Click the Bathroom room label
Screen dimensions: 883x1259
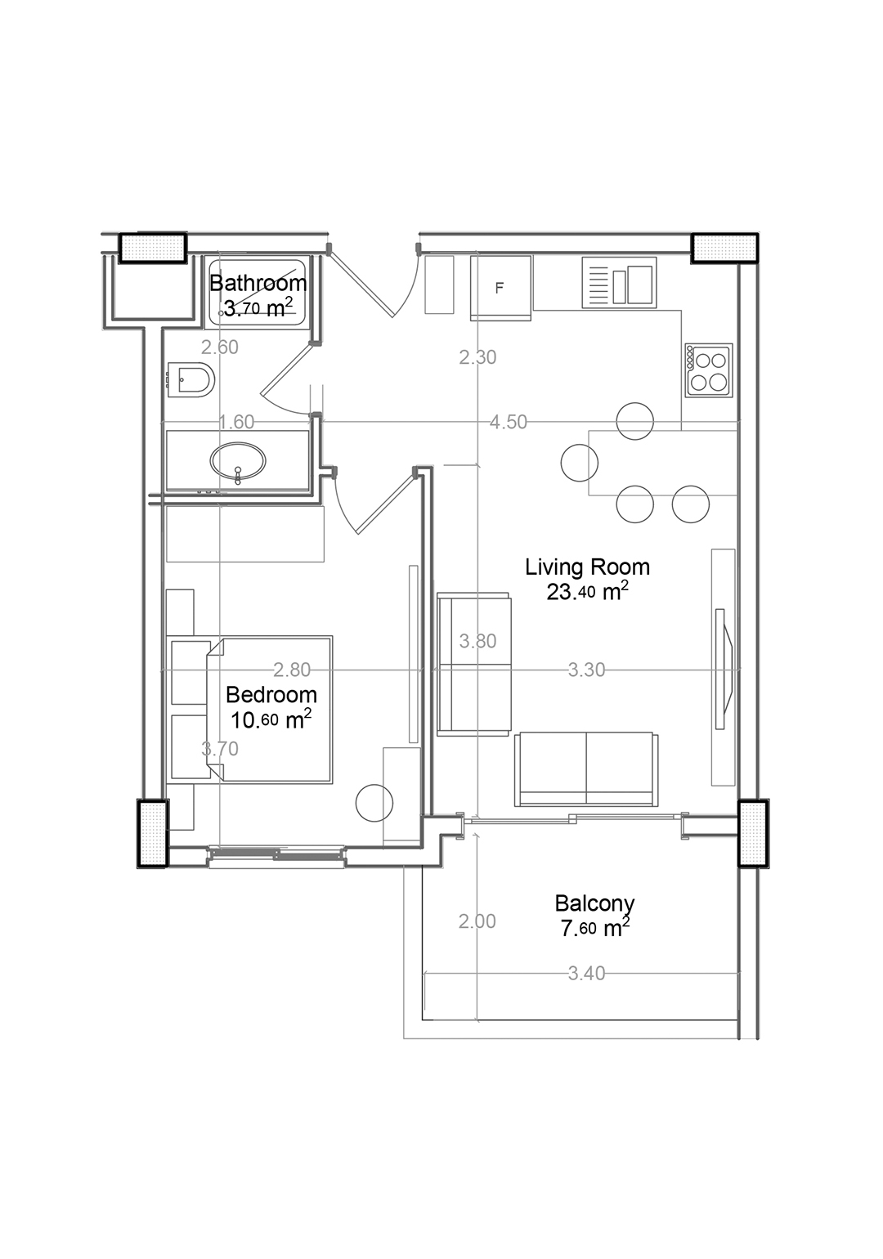pos(258,283)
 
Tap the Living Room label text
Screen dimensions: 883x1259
pos(587,567)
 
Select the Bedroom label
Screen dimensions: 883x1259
pos(271,695)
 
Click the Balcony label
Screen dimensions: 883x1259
pos(594,904)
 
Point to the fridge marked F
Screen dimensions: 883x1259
pos(501,289)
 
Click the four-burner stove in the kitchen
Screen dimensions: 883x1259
pos(709,370)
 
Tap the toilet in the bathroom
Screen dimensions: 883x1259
pos(191,379)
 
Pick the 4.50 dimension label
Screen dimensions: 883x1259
pos(508,422)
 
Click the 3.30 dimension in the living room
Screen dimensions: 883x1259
pos(586,670)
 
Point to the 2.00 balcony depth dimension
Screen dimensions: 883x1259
pos(477,922)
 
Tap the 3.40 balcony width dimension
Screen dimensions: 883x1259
pos(586,974)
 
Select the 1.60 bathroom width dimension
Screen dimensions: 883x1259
pos(236,422)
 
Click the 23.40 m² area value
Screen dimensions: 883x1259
pos(587,593)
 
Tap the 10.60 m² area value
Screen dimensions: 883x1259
pos(271,720)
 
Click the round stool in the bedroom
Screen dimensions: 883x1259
pos(374,803)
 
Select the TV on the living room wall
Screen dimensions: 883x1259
pos(724,669)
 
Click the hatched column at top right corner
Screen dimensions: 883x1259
pos(724,248)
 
